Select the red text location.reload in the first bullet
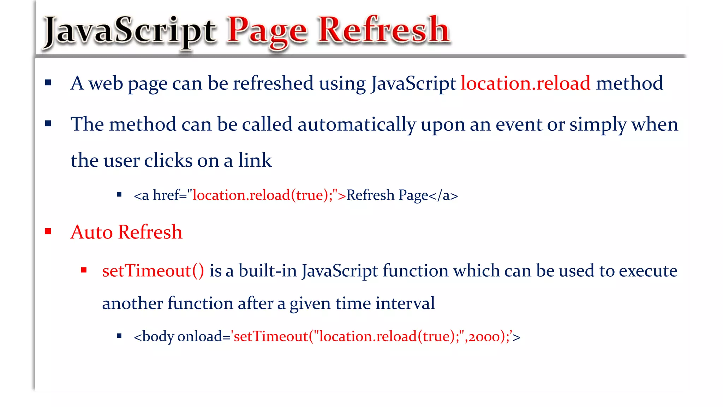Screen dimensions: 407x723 (x=525, y=83)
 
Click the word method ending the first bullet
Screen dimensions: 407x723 (x=629, y=83)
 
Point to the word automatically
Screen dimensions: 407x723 (x=357, y=125)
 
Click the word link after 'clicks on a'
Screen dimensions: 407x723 (x=255, y=160)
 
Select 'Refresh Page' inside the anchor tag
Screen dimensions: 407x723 (x=387, y=195)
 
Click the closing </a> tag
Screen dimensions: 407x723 (x=443, y=195)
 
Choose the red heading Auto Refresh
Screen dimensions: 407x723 (x=126, y=232)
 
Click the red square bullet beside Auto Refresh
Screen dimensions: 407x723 (x=48, y=231)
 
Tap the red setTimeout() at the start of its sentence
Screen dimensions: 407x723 (x=153, y=271)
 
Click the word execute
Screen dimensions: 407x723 (x=648, y=271)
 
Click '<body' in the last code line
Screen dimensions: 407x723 (x=154, y=337)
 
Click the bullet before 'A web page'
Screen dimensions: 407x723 (x=48, y=83)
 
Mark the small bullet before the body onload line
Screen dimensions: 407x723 (x=119, y=336)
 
